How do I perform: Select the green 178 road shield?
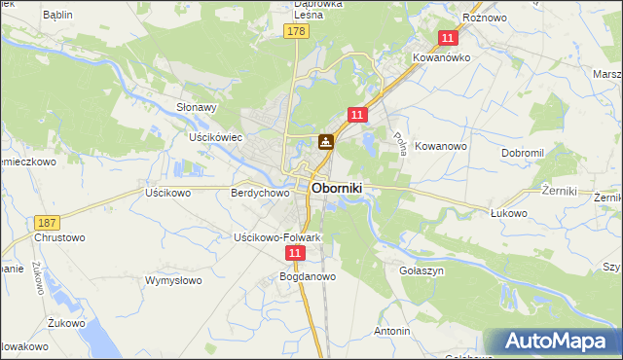point(297,32)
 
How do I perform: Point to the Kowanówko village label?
point(442,57)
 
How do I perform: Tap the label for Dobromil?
point(528,154)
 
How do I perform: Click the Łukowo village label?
point(508,213)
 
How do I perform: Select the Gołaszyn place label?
point(422,270)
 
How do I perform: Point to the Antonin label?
point(392,331)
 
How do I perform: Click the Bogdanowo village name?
point(308,276)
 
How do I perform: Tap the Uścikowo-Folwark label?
point(277,237)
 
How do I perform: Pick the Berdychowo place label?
point(260,194)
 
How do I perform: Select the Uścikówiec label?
point(215,137)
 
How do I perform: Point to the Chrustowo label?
point(60,237)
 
